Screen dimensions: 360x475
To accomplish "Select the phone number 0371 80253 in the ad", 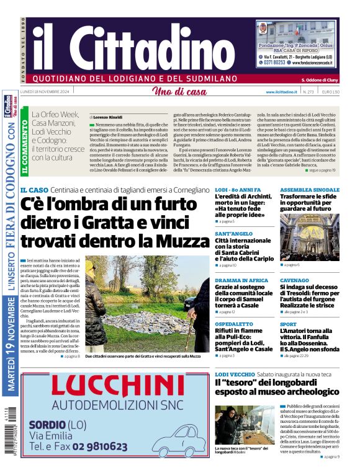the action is click(x=271, y=62).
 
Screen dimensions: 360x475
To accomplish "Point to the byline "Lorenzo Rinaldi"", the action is click(x=110, y=117).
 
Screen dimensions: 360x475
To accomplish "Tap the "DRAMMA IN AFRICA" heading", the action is click(x=241, y=280).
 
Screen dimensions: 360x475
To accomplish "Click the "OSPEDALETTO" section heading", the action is click(x=233, y=324).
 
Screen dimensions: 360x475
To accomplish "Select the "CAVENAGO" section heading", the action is click(x=294, y=280).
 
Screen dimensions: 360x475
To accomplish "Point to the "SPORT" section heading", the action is click(x=288, y=324).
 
